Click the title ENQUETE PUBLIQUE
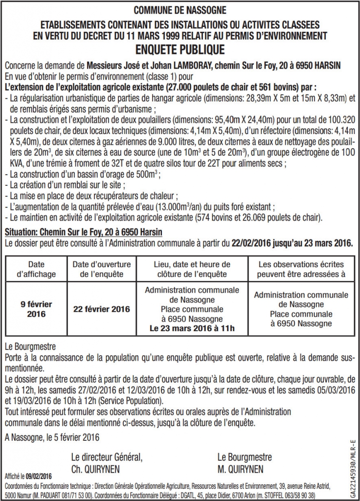180,49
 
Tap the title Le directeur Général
107,457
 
